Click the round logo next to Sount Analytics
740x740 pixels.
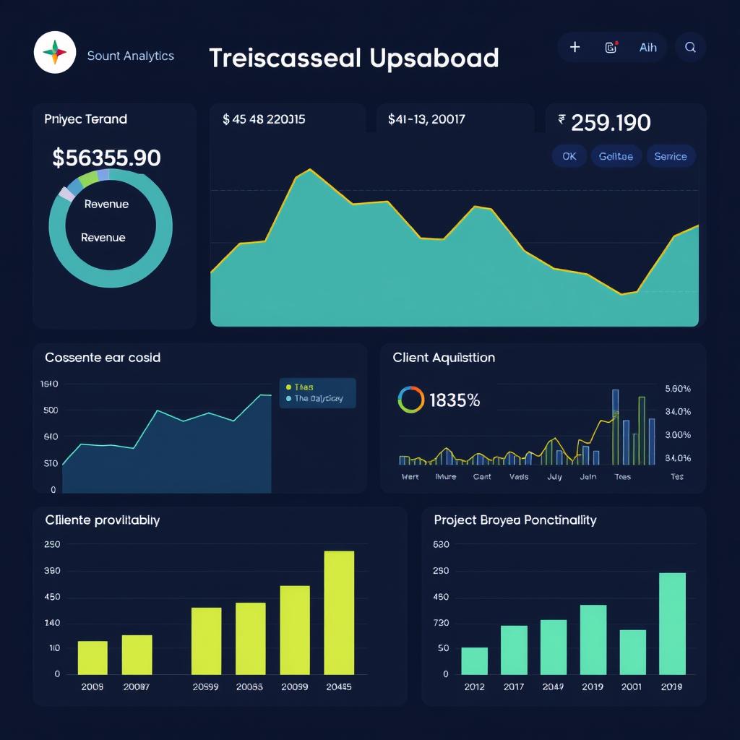click(x=55, y=52)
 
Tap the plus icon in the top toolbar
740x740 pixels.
click(x=575, y=47)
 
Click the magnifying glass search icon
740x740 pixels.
click(x=690, y=47)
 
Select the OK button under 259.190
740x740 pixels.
click(x=569, y=156)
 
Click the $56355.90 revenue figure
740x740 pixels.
click(x=106, y=158)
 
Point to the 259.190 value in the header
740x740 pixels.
click(x=611, y=123)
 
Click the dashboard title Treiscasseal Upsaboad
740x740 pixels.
click(x=354, y=58)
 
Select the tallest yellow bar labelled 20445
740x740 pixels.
click(x=339, y=612)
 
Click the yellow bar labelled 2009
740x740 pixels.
click(x=92, y=657)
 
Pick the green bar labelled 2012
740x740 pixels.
click(x=475, y=661)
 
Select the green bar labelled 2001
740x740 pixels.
click(x=633, y=652)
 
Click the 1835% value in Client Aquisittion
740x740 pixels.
click(x=455, y=400)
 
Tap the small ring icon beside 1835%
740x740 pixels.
click(x=410, y=400)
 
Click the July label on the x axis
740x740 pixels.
click(x=555, y=477)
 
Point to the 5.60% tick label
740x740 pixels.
click(x=677, y=389)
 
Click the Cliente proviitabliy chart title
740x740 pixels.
click(x=103, y=520)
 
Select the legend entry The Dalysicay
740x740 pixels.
click(x=318, y=398)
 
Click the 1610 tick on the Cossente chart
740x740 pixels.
click(x=49, y=384)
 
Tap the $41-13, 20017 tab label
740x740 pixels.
click(x=426, y=119)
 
